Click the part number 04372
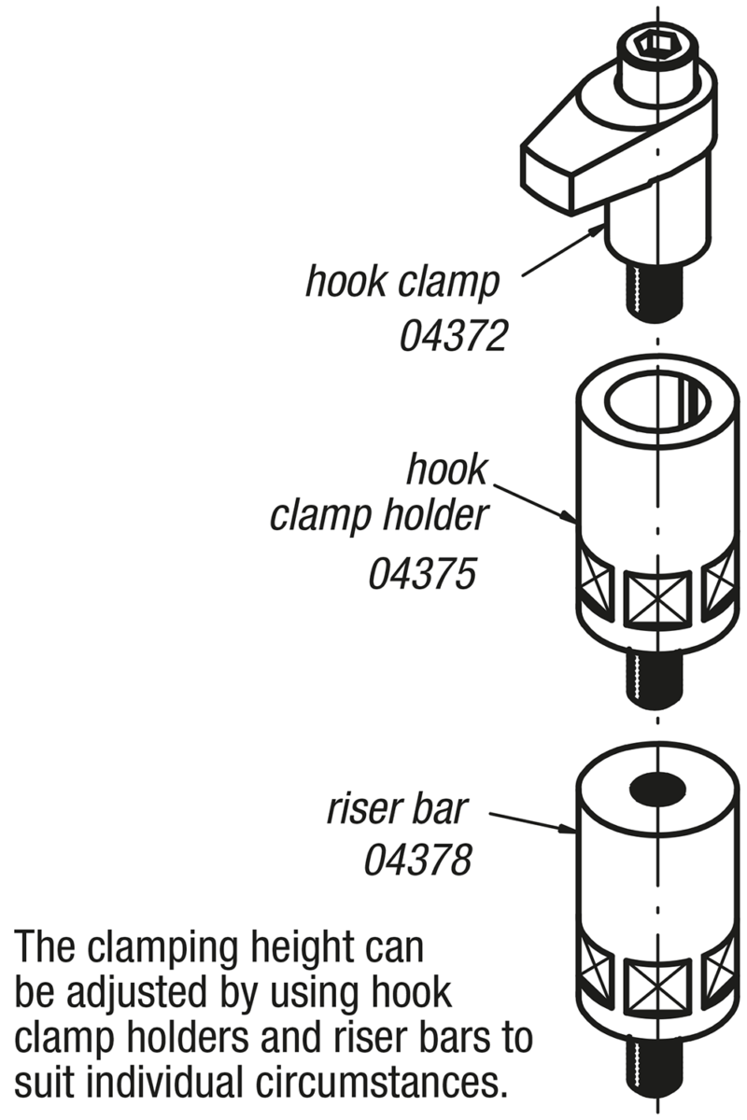click(x=453, y=334)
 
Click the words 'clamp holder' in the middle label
click(x=378, y=514)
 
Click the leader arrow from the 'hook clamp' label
click(x=557, y=255)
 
